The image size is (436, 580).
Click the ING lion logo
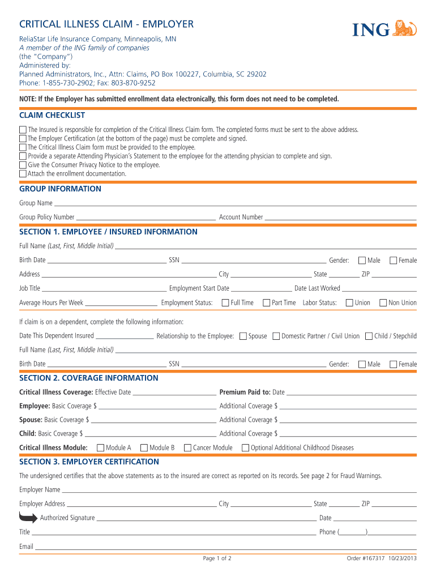coord(404,28)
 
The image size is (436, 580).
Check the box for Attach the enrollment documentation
coord(23,174)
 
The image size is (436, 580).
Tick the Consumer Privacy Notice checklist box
coord(23,165)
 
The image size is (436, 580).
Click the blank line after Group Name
coord(235,203)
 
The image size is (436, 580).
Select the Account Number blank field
coord(340,217)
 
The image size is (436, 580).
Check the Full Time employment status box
coord(225,302)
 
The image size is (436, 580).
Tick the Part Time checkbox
coord(266,302)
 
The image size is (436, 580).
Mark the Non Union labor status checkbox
coord(383,302)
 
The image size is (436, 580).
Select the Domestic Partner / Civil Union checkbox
coord(276,336)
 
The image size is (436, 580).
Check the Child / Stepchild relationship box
coord(369,336)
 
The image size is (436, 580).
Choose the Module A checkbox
coord(101,447)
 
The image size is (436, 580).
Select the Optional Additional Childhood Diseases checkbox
coord(245,447)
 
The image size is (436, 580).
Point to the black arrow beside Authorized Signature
coord(28,517)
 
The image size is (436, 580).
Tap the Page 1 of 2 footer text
coord(217,558)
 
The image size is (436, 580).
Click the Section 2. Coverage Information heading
coord(89,378)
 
